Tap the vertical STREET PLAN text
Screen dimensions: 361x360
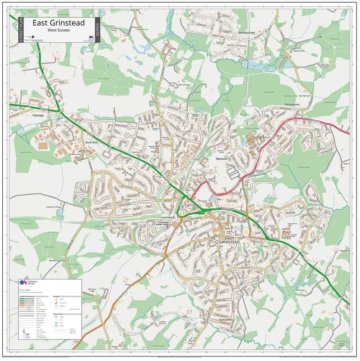20,30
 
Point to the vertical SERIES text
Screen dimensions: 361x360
98,30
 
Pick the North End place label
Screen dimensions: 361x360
91,143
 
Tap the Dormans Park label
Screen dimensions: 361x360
246,33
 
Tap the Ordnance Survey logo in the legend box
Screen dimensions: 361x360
28,284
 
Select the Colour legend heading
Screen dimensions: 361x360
24,290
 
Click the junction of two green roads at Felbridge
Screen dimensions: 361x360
59,111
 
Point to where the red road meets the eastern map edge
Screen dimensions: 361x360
349,133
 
